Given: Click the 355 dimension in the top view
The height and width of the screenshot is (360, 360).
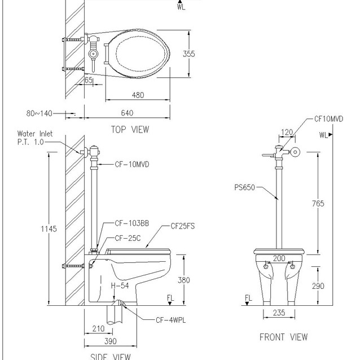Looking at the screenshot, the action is (188, 54).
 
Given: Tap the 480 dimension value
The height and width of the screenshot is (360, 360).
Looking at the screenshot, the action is (138, 95).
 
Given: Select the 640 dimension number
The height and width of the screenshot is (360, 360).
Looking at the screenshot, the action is (127, 113).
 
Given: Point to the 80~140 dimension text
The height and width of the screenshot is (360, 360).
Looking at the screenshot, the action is (39, 113).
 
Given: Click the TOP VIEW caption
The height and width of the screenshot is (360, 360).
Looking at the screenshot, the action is (130, 129).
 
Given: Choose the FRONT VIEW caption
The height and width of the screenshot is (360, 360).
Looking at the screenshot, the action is (284, 337).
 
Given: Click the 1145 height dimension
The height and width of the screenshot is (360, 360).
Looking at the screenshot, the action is (49, 229).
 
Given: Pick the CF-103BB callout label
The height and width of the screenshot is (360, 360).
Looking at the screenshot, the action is (132, 223).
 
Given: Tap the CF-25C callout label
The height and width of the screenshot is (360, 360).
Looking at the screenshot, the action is (128, 238).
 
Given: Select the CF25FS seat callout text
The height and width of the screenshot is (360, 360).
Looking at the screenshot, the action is (183, 226).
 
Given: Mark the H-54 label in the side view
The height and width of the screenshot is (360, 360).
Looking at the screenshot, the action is (120, 286).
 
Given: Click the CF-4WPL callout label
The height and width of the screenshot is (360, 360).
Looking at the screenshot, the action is (171, 320).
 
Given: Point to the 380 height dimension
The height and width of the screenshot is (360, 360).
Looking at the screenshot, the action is (184, 280).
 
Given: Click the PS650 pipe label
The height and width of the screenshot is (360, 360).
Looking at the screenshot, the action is (245, 187).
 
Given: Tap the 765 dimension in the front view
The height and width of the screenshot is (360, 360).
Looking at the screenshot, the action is (318, 204).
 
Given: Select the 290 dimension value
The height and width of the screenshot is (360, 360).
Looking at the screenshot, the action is (318, 286).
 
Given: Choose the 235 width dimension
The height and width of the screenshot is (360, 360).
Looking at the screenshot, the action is (279, 313).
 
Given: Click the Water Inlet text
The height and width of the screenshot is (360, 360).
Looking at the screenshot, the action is (35, 134).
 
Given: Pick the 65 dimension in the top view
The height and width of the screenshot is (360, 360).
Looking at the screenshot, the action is (89, 80).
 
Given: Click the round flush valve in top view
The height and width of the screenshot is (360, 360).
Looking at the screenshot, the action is (93, 54).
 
